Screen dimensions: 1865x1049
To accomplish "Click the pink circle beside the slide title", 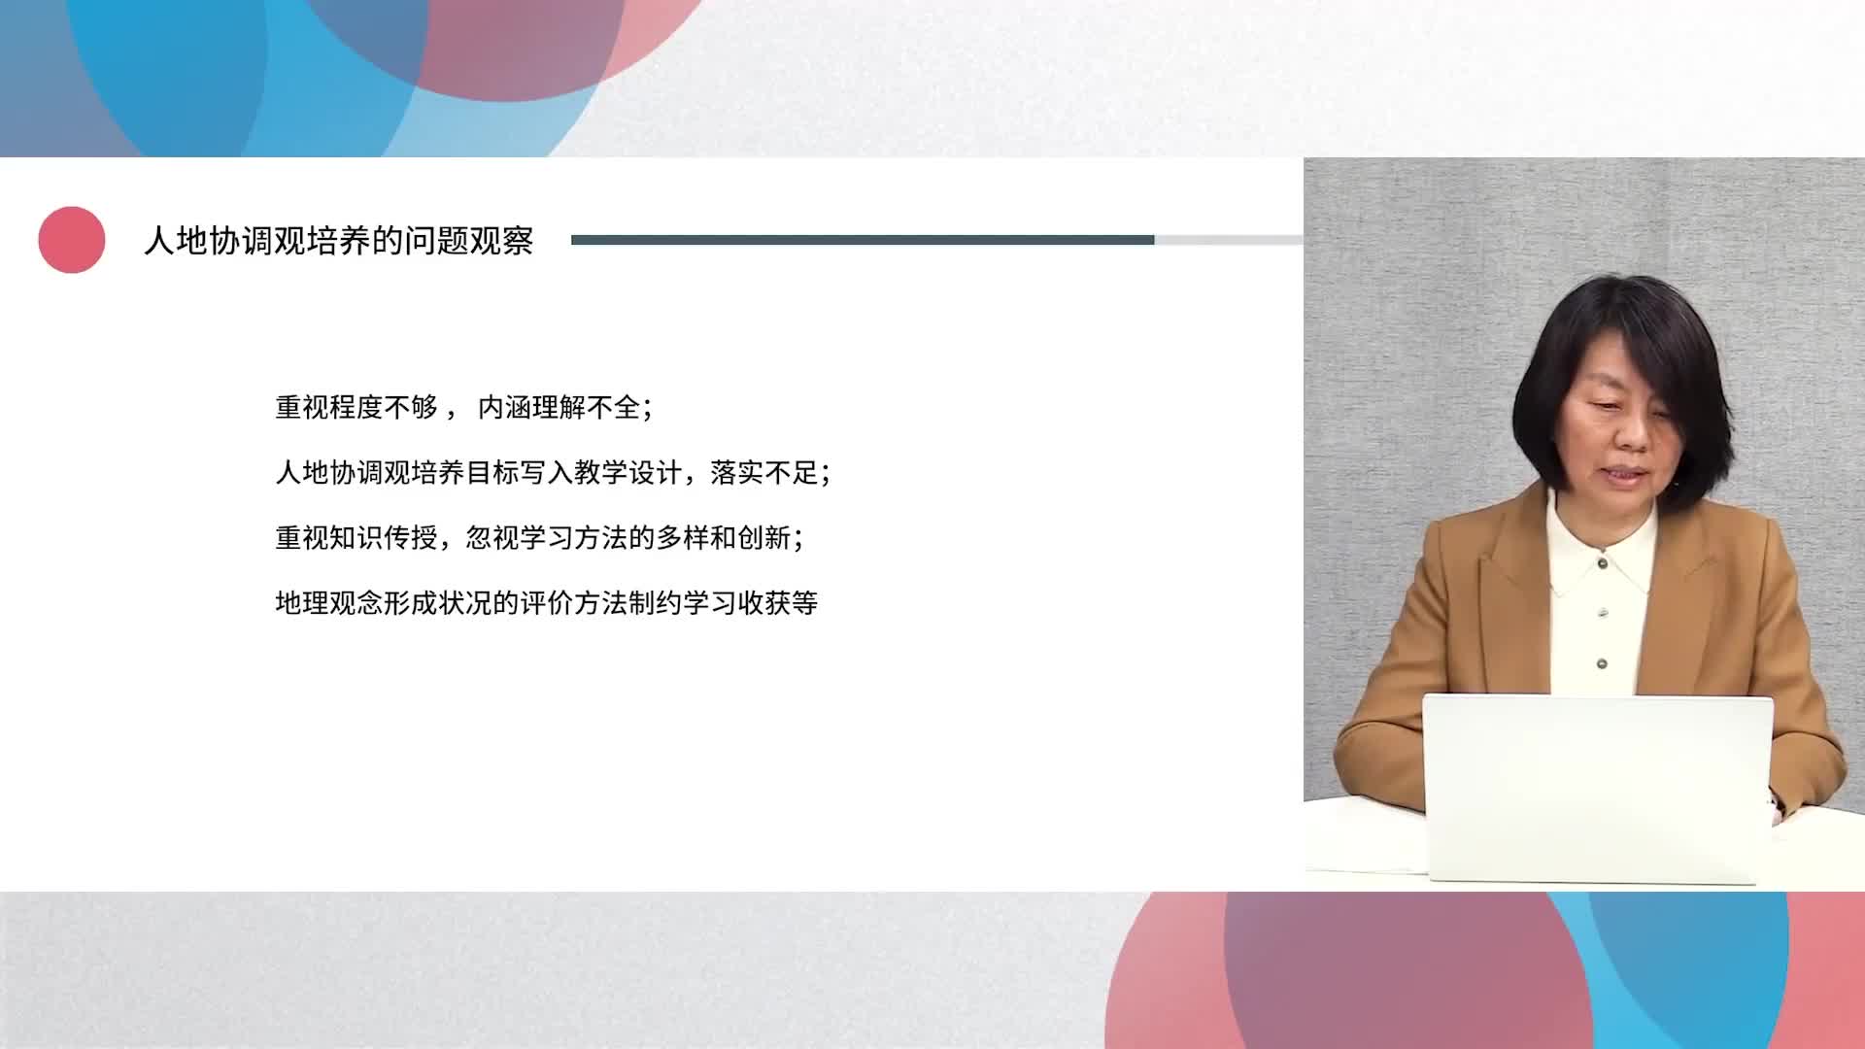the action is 72,240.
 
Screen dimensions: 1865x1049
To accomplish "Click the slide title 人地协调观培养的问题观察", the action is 339,241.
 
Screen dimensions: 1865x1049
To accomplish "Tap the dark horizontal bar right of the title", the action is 863,240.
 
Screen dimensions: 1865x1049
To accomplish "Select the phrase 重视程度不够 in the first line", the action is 356,407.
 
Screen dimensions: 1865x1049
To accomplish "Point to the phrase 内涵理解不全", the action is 559,407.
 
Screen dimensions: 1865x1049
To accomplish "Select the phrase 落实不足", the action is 764,472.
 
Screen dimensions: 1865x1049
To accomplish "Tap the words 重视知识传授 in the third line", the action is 356,537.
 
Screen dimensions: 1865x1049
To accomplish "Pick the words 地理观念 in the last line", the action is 329,602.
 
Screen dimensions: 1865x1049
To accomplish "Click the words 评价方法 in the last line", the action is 574,602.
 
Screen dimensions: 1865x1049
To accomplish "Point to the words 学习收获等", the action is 751,602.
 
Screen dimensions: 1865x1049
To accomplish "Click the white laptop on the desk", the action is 1597,788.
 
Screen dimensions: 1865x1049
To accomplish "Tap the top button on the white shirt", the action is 1603,562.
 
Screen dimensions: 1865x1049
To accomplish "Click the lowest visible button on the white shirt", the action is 1602,663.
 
